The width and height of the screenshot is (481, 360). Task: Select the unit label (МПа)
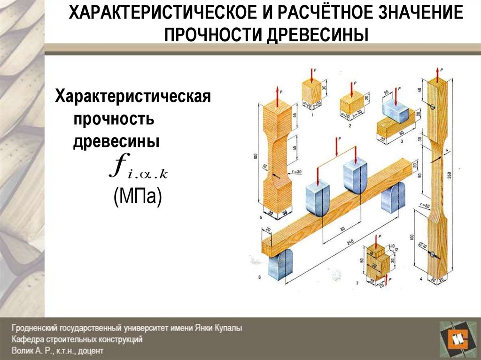coord(137,197)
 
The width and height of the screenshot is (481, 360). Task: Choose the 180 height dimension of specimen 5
coord(255,158)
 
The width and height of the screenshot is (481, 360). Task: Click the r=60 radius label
coord(426,206)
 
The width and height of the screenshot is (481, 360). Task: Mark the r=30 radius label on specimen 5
coord(297,172)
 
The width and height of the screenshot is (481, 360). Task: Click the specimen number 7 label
coord(358,283)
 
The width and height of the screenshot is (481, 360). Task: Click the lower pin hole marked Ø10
coord(432,254)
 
